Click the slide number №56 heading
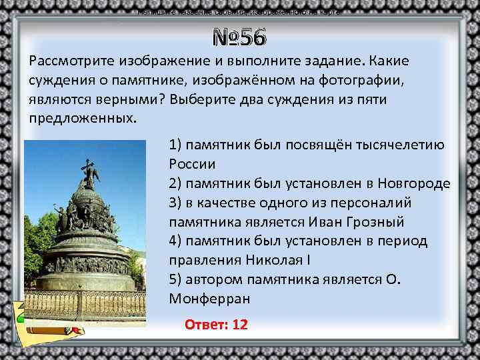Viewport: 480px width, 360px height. tap(239, 37)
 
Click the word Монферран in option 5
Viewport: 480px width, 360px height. tap(210, 298)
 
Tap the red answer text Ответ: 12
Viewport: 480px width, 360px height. tap(216, 324)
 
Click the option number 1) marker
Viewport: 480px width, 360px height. tap(175, 145)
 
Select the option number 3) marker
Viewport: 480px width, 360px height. tap(175, 203)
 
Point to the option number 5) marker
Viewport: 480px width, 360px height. tap(175, 279)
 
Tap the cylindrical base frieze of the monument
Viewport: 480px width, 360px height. tap(86, 263)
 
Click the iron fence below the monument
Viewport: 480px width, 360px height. tap(86, 303)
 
